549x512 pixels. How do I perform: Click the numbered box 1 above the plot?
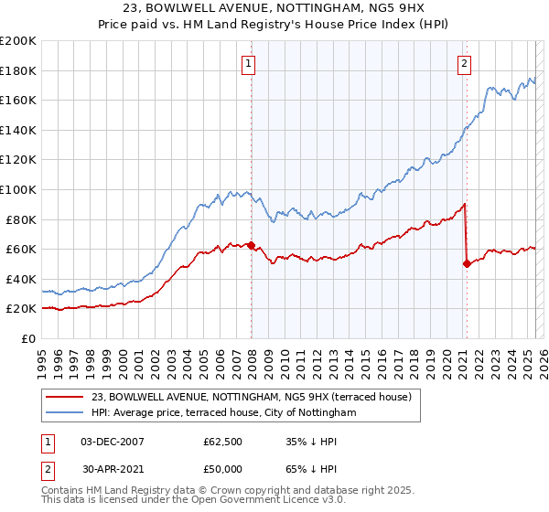click(x=249, y=63)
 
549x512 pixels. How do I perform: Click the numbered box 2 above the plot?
click(x=465, y=63)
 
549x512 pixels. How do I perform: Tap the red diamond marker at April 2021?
click(x=467, y=263)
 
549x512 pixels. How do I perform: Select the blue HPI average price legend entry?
click(x=222, y=412)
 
